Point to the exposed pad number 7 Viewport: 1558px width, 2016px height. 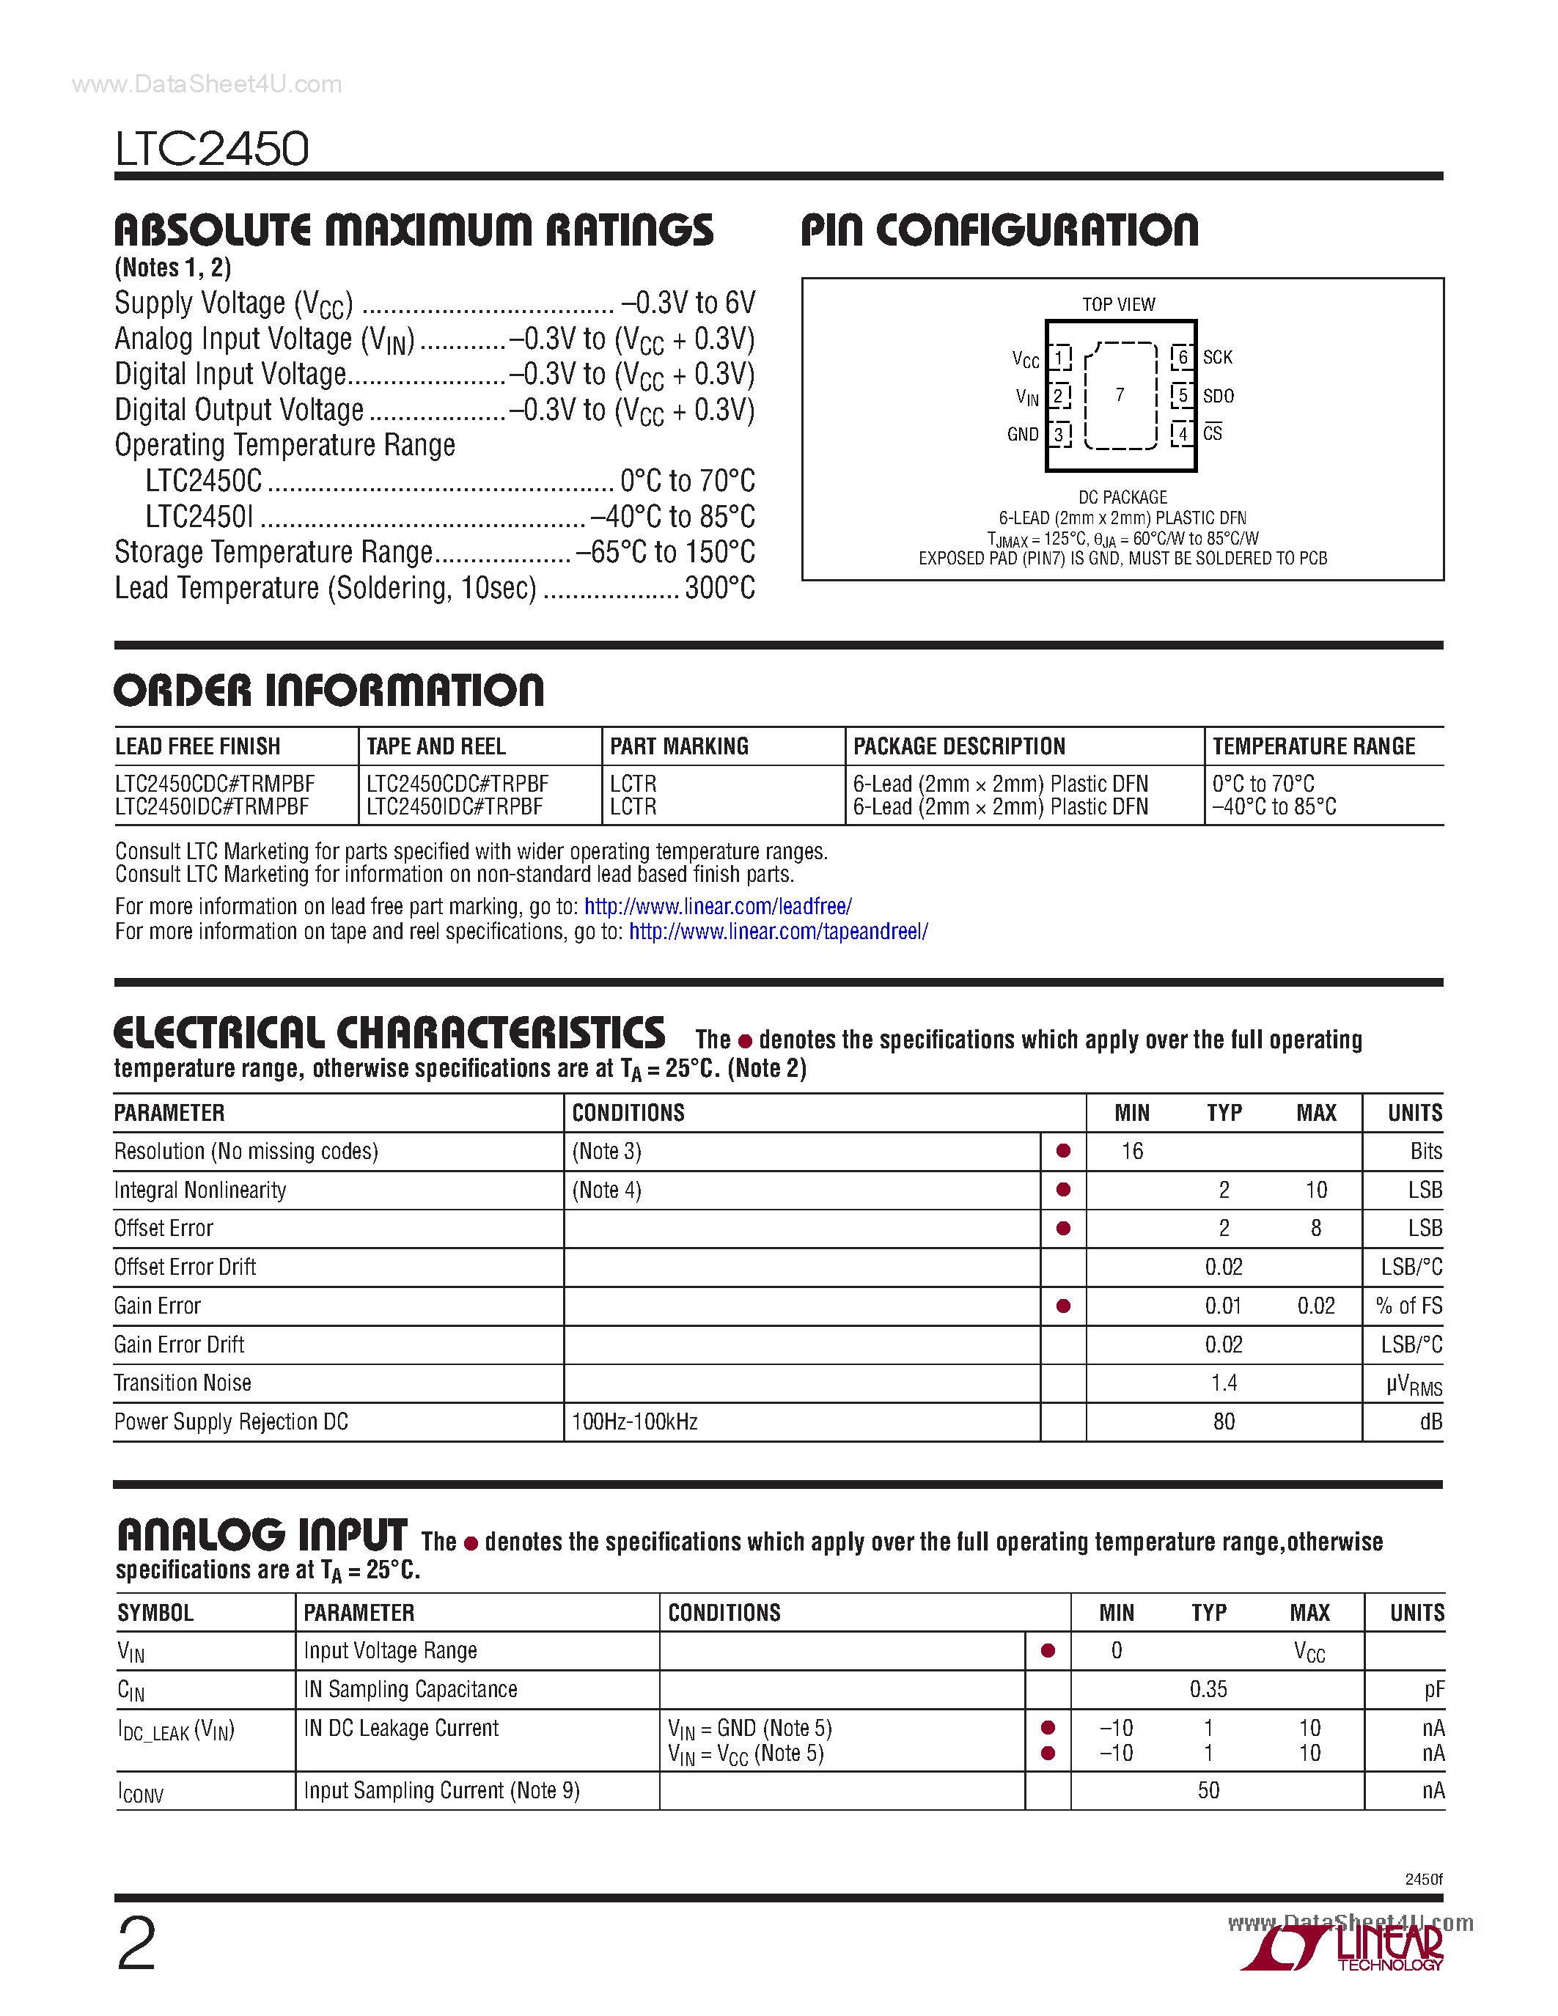pos(1120,395)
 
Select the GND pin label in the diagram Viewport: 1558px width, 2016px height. pos(1023,434)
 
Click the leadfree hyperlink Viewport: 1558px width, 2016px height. pos(717,906)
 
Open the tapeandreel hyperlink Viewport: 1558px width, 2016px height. pos(778,931)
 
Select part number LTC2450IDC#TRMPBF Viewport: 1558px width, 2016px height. pos(213,807)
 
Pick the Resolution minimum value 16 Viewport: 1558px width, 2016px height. pos(1131,1151)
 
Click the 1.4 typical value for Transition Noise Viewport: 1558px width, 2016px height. pos(1224,1383)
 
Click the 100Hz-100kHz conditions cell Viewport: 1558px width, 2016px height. pos(635,1421)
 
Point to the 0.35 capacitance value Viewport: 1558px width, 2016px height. pos(1208,1689)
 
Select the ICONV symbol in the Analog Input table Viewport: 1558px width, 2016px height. pos(140,1792)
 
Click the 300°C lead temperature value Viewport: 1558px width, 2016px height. pos(720,588)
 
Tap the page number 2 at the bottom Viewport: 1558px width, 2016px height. pos(136,1944)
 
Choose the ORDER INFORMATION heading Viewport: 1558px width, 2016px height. pos(328,691)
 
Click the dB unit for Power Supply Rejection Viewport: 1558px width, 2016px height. pos(1430,1421)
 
